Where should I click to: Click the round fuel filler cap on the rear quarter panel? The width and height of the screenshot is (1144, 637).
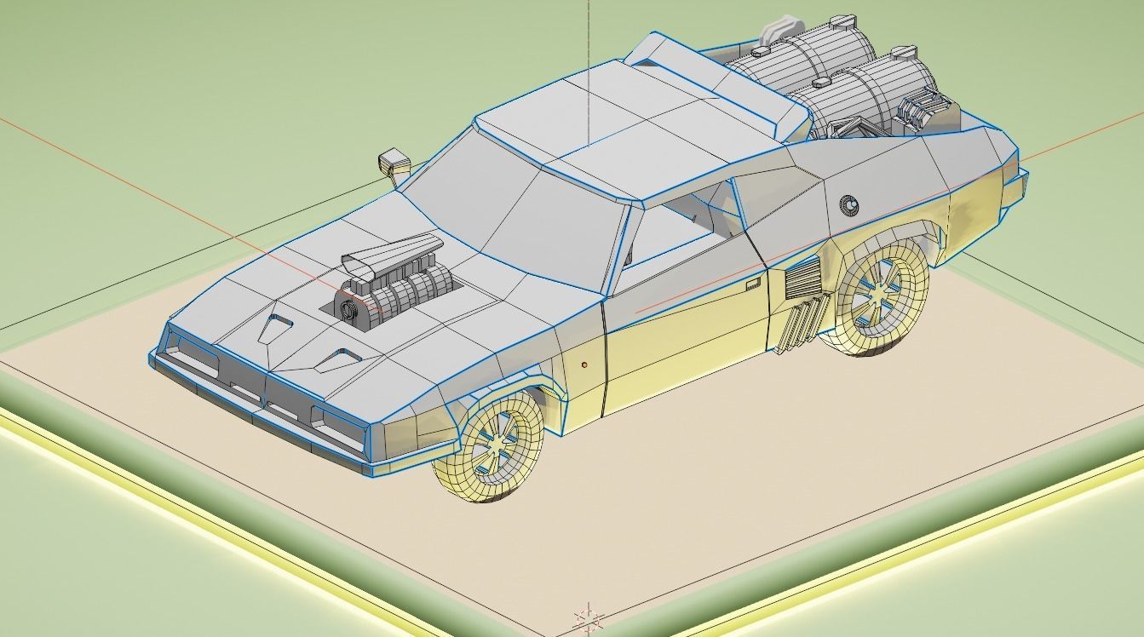point(848,204)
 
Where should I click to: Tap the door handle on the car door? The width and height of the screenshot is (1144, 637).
point(751,283)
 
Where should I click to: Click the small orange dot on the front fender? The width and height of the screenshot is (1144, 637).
point(584,364)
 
